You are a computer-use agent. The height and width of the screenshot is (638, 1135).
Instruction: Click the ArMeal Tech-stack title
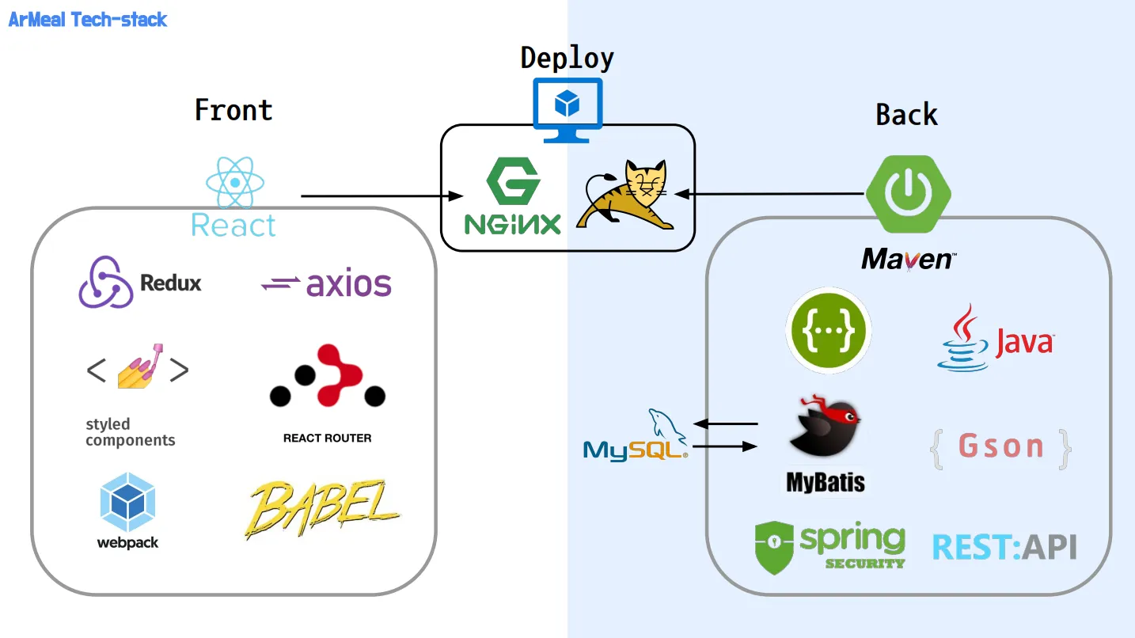point(88,20)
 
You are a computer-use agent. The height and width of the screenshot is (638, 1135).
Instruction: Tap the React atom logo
point(234,183)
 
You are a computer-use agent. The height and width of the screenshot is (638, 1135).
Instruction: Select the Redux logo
point(139,283)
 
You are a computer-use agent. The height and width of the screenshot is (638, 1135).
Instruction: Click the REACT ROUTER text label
point(327,438)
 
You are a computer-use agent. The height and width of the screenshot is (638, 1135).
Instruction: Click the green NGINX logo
point(512,196)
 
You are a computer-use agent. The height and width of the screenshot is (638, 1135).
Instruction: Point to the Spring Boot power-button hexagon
point(908,193)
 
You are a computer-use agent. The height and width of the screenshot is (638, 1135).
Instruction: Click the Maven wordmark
point(909,259)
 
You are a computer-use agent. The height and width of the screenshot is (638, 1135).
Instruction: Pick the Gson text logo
point(1000,447)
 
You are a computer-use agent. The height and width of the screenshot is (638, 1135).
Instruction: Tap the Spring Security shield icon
point(774,547)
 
